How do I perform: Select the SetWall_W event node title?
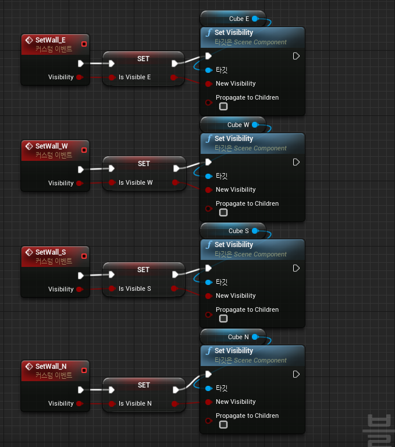51,146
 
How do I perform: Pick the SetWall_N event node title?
51,366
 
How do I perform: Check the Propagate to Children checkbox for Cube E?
223,107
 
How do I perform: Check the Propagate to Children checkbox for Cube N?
223,425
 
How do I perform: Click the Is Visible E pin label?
134,77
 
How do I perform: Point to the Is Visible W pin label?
136,182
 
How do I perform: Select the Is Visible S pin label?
134,288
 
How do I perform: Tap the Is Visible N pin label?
135,403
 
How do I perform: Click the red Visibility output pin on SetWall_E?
79,77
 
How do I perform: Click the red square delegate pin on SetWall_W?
84,150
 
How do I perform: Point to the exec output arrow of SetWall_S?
81,275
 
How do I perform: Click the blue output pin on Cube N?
255,337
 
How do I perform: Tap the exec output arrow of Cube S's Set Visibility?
296,268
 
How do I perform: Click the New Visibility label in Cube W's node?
236,189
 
